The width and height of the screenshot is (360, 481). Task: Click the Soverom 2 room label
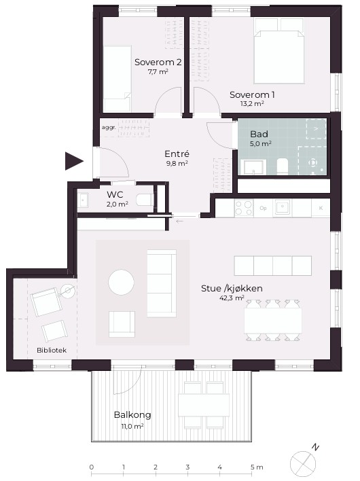click(x=158, y=62)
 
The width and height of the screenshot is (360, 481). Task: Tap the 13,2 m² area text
click(x=252, y=103)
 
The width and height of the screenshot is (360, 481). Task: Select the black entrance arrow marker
click(x=74, y=161)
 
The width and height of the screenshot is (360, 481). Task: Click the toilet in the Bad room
click(x=283, y=166)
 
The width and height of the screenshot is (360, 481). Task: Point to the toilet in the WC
click(x=145, y=200)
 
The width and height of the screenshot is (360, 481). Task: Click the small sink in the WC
click(x=83, y=200)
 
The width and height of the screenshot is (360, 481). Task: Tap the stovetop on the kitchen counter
click(x=244, y=208)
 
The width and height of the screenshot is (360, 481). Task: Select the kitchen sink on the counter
click(x=282, y=207)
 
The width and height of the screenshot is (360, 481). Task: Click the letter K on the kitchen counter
click(x=321, y=208)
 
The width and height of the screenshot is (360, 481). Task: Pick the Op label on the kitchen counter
click(x=263, y=208)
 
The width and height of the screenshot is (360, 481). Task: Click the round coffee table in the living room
click(x=121, y=282)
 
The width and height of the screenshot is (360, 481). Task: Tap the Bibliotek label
click(x=52, y=350)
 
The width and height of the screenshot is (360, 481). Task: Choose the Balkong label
click(x=132, y=414)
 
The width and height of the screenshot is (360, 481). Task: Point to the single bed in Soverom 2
click(x=117, y=79)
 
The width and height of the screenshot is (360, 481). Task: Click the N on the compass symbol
click(x=315, y=447)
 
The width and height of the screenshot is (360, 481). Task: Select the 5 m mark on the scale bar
click(x=257, y=467)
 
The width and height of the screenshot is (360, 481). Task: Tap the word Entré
click(x=177, y=154)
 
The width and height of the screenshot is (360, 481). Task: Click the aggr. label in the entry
click(x=109, y=127)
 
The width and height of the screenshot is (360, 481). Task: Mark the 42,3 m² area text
click(x=232, y=298)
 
